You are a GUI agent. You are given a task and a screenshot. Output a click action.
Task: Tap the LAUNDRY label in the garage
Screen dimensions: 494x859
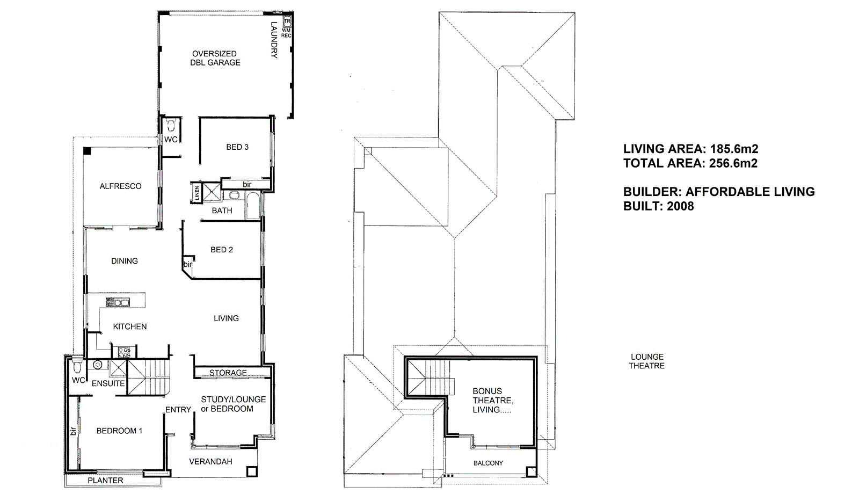[x=273, y=40]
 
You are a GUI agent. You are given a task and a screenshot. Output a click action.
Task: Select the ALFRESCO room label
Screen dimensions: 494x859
[x=120, y=186]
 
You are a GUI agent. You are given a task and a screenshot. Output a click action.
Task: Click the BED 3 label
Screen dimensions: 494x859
[x=237, y=147]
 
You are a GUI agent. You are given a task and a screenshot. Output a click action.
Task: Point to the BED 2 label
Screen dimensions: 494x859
[x=221, y=250]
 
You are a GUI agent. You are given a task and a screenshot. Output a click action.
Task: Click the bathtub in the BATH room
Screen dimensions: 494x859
[x=252, y=207]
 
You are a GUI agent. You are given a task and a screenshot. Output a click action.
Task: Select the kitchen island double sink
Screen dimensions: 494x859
[x=118, y=302]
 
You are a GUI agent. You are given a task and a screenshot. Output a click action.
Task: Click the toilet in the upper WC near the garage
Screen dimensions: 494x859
[x=171, y=126]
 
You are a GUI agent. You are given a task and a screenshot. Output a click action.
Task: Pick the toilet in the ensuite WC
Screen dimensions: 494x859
[x=77, y=367]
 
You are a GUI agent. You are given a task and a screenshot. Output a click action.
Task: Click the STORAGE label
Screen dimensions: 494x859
[x=228, y=373]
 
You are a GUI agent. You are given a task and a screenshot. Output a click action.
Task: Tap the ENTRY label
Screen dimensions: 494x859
[x=178, y=410]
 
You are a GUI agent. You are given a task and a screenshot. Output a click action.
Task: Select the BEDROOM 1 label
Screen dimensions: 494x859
[x=119, y=431]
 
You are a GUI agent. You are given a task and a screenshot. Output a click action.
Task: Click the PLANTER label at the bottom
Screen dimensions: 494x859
[x=105, y=481]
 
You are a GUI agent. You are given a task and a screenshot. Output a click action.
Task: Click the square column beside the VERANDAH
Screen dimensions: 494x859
[x=251, y=471]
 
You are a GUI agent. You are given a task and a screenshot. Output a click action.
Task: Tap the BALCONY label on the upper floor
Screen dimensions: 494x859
[x=488, y=463]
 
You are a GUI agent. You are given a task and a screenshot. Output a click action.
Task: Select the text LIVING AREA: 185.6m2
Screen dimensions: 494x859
[x=690, y=149]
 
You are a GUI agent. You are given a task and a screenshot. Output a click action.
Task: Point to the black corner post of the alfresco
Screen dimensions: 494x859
[x=86, y=151]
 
